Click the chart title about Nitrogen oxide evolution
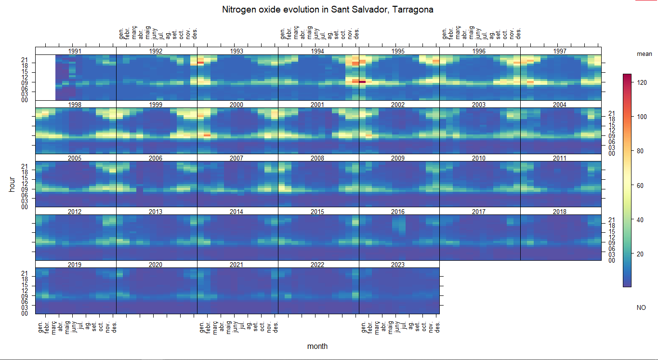click(x=328, y=10)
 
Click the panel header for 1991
click(x=75, y=51)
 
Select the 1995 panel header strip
click(x=398, y=51)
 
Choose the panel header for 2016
click(x=398, y=212)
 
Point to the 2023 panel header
click(x=398, y=265)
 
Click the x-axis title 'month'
click(x=317, y=346)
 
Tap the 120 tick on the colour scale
click(x=641, y=83)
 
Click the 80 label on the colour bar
click(x=640, y=151)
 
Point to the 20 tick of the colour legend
click(x=640, y=254)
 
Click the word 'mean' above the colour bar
click(x=644, y=54)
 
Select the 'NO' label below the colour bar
click(x=641, y=307)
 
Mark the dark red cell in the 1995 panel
click(x=362, y=82)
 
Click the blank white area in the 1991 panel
click(x=45, y=77)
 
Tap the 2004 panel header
click(x=560, y=105)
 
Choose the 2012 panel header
click(x=75, y=212)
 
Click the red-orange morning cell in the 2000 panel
click(x=207, y=135)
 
